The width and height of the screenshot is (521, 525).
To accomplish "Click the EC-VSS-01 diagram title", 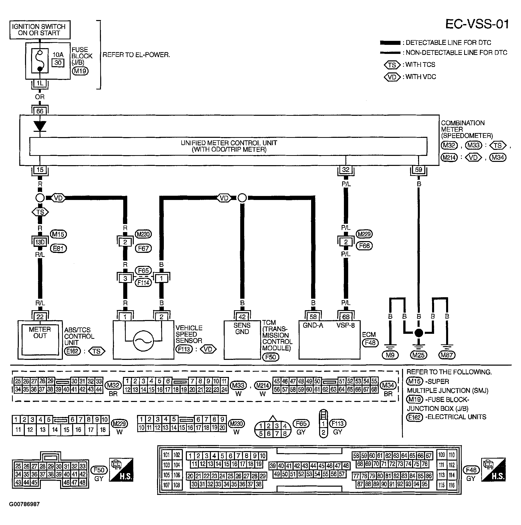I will pyautogui.click(x=477, y=25).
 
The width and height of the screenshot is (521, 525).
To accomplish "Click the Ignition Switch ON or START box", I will pyautogui.click(x=40, y=30).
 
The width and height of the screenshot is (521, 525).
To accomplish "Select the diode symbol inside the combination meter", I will pyautogui.click(x=40, y=126).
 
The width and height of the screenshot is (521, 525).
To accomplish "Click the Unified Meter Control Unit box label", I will pyautogui.click(x=229, y=146).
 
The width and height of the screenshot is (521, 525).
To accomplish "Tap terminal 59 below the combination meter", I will pyautogui.click(x=418, y=170).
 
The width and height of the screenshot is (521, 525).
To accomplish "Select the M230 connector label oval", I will pyautogui.click(x=143, y=234).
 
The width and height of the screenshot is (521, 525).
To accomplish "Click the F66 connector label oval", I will pyautogui.click(x=364, y=246).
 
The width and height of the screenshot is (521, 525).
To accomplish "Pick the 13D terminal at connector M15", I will pyautogui.click(x=40, y=242).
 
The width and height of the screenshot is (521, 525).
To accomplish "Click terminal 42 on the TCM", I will pyautogui.click(x=242, y=317).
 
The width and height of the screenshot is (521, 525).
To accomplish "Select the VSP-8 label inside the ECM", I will pyautogui.click(x=345, y=325).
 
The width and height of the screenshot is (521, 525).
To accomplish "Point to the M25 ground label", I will pyautogui.click(x=418, y=355).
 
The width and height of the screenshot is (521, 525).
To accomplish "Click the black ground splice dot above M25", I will pyautogui.click(x=419, y=333).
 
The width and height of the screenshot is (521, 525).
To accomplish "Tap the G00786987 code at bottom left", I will pyautogui.click(x=25, y=504).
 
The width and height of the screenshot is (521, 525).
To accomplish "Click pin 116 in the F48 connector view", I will pyautogui.click(x=452, y=485).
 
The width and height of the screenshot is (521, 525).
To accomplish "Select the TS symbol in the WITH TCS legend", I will pyautogui.click(x=392, y=65).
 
